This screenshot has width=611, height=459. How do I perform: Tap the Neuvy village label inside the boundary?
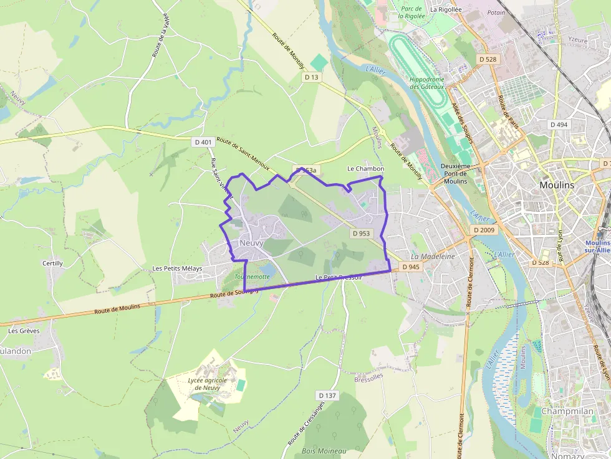[x=251, y=243]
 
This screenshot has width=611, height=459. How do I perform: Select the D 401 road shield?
[x=203, y=142]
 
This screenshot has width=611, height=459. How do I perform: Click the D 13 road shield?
[x=311, y=77]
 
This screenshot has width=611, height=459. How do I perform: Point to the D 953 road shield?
[x=360, y=234]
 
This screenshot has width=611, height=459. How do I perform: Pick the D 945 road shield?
[x=411, y=267]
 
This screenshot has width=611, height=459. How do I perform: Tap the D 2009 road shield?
[x=483, y=230]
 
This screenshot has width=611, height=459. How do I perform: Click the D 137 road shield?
[x=327, y=395]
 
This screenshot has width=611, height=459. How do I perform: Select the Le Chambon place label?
[x=365, y=169]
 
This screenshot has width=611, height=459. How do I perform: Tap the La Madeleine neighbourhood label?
[x=433, y=257]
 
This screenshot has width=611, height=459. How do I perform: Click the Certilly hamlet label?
[x=52, y=263]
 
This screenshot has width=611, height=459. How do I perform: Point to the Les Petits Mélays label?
[x=177, y=268]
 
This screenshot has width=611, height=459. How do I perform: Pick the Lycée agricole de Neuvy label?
[x=208, y=384]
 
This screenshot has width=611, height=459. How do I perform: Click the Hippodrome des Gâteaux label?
[x=427, y=83]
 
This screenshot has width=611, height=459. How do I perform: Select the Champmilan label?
[x=566, y=411]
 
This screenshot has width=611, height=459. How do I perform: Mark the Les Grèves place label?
[x=24, y=331]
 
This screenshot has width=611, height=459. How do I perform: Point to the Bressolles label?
[x=368, y=378]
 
